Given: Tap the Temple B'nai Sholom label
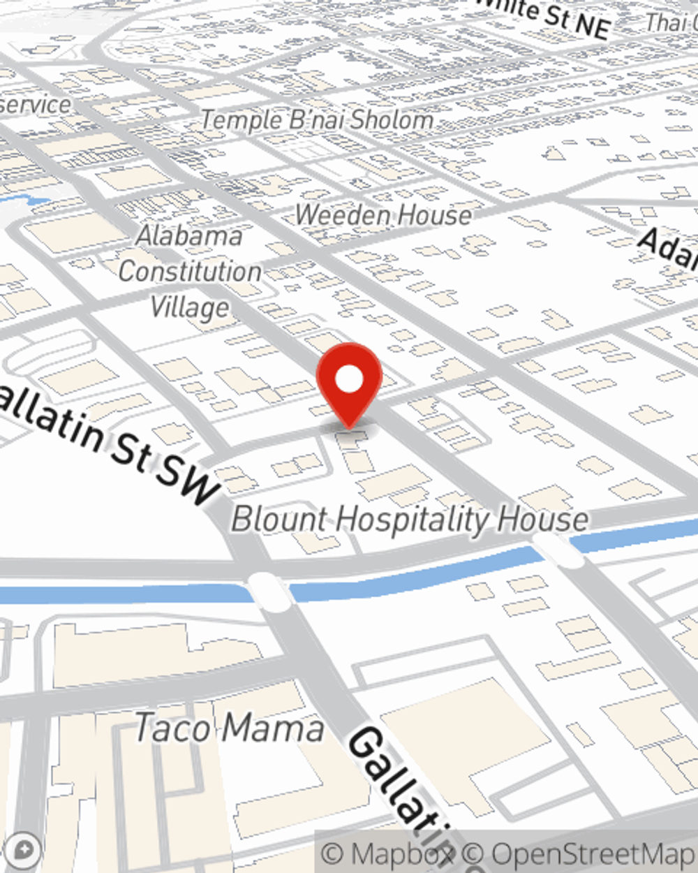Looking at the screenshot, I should pos(318,119).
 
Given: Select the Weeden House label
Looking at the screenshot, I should pos(383,214).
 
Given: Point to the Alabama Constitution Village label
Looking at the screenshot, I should pos(190,271).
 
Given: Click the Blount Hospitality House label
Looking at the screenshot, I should pos(410,520).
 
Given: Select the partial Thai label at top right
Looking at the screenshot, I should pos(670,22).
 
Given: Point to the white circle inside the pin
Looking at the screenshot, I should pos(349,379).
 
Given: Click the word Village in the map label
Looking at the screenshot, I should pos(190,307).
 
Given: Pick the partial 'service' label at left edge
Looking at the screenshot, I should pos(35,105).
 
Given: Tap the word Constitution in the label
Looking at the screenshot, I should pos(190,271).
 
